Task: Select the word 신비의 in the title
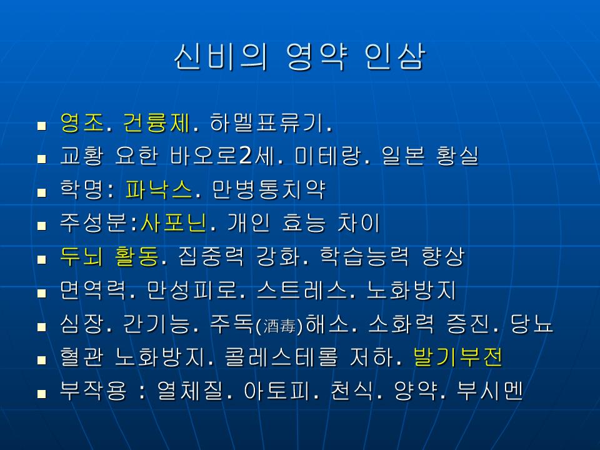pos(220,57)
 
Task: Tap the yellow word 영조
pos(82,123)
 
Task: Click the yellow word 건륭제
pos(156,123)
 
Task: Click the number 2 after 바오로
pos(246,156)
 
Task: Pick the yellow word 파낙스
pos(158,190)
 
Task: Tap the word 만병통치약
pos(268,190)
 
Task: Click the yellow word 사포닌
pos(173,223)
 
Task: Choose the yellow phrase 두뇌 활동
pos(109,257)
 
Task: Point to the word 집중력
pos(211,257)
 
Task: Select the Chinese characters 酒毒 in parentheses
pos(280,327)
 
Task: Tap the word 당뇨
pos(531,324)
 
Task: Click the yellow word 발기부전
pos(457,357)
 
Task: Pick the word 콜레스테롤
pos(281,357)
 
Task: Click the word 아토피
pos(277,391)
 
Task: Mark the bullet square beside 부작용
pos(42,393)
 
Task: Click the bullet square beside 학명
pos(42,192)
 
